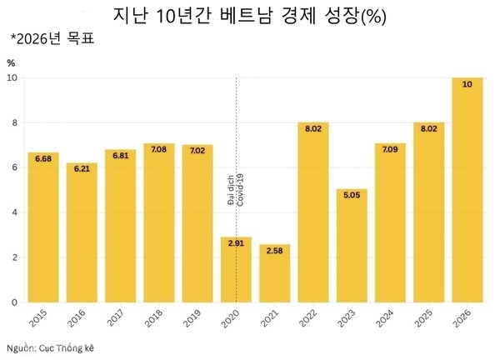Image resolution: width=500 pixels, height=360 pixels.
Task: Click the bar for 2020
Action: point(236,270)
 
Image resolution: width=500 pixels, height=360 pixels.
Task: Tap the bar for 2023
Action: point(352,246)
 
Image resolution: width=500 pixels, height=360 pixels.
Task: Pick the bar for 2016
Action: point(82,232)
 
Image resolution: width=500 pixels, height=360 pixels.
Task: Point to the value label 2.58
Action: point(275,251)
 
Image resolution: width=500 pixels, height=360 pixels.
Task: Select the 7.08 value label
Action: point(159,150)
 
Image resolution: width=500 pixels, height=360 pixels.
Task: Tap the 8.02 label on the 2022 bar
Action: point(313,129)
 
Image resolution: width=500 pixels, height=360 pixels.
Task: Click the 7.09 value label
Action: point(390,150)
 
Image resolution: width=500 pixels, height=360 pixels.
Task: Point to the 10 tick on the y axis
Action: point(12,78)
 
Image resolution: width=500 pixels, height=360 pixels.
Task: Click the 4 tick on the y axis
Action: point(14,212)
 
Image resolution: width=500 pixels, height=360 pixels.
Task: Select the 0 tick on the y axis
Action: point(14,302)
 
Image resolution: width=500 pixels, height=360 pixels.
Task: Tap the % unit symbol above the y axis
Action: point(11,62)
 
